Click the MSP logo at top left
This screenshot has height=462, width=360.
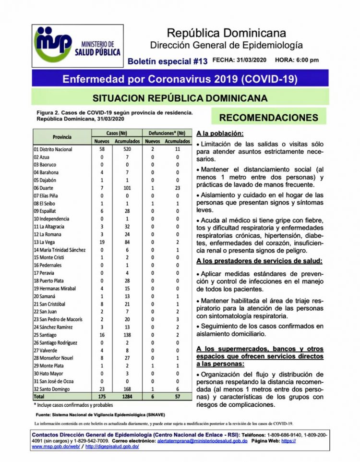77,44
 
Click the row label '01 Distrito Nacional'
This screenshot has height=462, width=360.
53,149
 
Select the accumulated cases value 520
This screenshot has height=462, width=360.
127,149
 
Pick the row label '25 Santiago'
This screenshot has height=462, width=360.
46,334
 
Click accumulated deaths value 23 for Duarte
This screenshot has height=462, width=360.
177,188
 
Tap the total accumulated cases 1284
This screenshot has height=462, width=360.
127,396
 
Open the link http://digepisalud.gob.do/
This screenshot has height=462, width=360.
112,447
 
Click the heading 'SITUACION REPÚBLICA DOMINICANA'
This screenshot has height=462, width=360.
180,98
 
